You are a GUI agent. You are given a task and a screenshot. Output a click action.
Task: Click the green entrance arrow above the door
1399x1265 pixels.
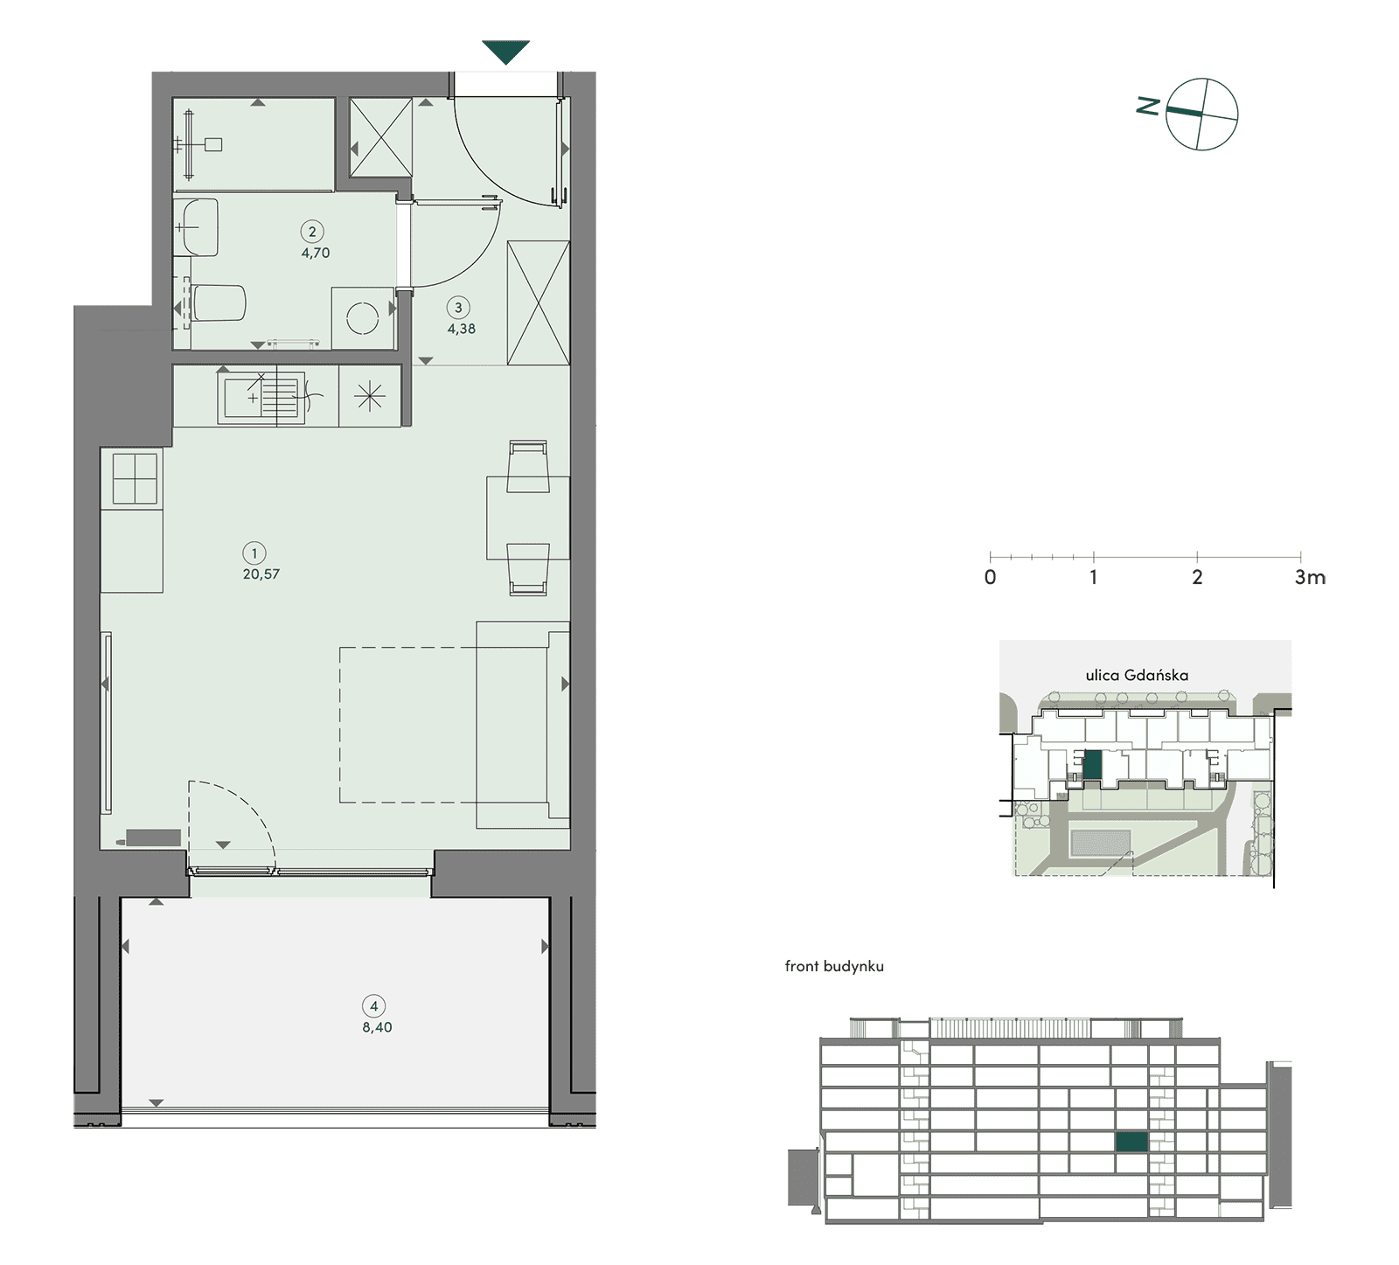[x=506, y=52]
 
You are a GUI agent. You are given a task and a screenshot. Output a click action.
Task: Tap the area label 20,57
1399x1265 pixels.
[x=261, y=574]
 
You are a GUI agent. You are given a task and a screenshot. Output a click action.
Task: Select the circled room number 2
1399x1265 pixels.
[x=312, y=232]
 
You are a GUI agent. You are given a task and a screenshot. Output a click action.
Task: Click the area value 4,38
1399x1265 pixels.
[x=462, y=330]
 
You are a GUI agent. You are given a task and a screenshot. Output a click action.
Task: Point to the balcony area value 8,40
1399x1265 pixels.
[x=377, y=1028]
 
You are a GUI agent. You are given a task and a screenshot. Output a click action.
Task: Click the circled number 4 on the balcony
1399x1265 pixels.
[x=374, y=1006]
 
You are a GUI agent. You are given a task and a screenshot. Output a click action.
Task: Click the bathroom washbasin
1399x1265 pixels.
[x=196, y=227]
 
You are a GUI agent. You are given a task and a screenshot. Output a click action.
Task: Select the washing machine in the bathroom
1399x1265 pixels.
[x=363, y=318]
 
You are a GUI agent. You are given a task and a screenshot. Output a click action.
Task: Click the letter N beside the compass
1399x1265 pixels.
[x=1148, y=107]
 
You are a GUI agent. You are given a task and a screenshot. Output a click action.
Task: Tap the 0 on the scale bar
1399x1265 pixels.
[x=990, y=577]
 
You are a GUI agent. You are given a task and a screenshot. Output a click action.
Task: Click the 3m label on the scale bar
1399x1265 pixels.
[x=1310, y=577]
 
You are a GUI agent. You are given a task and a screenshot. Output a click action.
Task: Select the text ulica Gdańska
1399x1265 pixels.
[x=1137, y=675]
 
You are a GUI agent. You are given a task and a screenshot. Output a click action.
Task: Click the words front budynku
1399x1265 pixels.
[x=834, y=966]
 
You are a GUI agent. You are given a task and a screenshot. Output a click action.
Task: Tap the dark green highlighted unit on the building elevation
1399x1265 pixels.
[x=1131, y=1141]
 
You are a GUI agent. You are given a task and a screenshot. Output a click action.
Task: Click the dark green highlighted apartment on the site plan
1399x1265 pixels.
[x=1092, y=765]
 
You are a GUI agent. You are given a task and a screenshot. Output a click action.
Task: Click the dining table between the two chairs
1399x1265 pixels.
[x=528, y=518]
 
